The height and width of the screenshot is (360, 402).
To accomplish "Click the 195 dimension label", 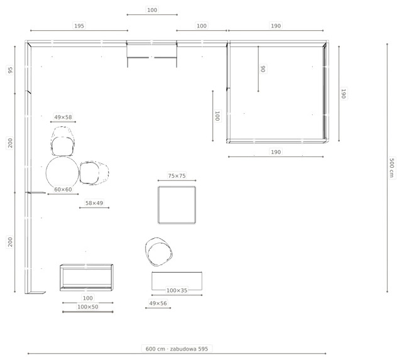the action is pyautogui.click(x=79, y=26).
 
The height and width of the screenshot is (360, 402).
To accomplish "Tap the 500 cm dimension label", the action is pyautogui.click(x=391, y=168).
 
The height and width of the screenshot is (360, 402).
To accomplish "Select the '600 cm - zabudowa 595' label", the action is pyautogui.click(x=177, y=349).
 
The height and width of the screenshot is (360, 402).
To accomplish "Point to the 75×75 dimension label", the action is pyautogui.click(x=177, y=176).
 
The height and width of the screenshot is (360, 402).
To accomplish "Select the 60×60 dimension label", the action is pyautogui.click(x=63, y=190).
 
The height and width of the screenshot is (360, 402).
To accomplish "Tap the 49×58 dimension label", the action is pyautogui.click(x=63, y=117).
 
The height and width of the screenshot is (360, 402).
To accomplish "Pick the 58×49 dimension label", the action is pyautogui.click(x=94, y=203).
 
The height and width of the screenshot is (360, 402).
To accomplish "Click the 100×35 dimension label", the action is pyautogui.click(x=177, y=290).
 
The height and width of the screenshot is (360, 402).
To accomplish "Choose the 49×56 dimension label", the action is pyautogui.click(x=158, y=303).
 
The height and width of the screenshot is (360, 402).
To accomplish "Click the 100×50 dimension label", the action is pyautogui.click(x=88, y=307).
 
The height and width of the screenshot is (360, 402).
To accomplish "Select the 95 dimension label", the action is pyautogui.click(x=10, y=70).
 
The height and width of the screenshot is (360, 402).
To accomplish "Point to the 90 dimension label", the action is pyautogui.click(x=263, y=68).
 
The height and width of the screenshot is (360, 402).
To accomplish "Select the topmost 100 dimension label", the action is pyautogui.click(x=152, y=10).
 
